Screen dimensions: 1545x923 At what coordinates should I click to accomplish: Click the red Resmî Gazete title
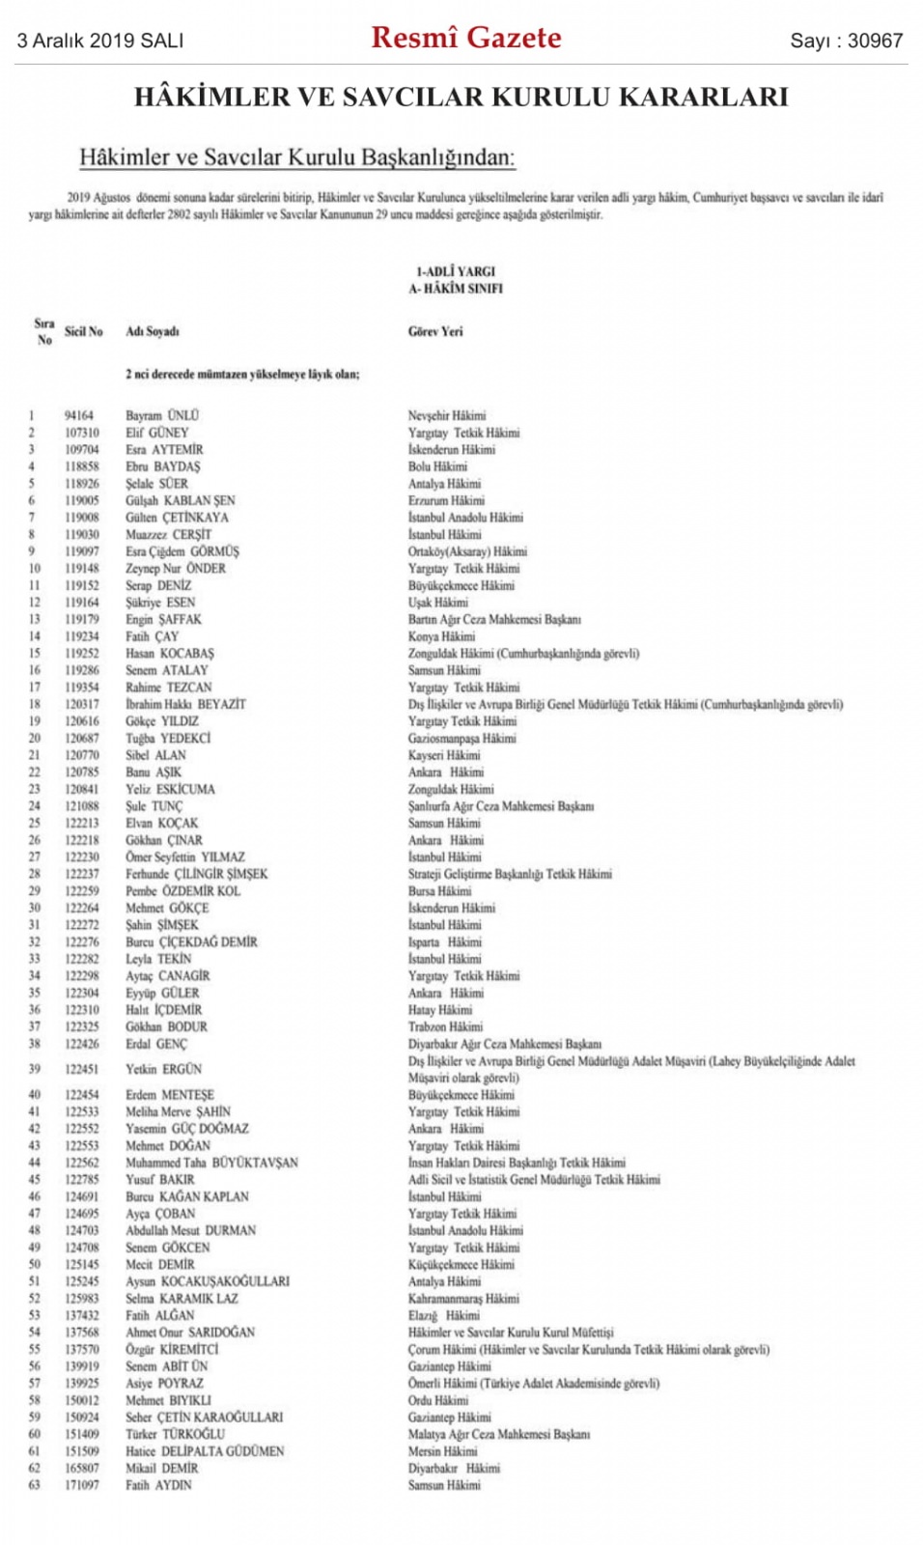click(466, 38)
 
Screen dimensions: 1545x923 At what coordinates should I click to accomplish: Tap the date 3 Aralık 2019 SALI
click(100, 41)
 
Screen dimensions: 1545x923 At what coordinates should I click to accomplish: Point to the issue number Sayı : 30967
click(846, 41)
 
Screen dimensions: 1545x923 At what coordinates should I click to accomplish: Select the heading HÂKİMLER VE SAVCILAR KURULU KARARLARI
click(461, 97)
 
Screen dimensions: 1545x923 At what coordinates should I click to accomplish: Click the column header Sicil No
click(84, 331)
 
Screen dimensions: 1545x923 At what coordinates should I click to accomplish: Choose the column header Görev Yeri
click(435, 331)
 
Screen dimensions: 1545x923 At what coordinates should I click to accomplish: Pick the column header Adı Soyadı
click(153, 331)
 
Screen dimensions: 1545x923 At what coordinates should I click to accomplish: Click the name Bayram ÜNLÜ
click(162, 415)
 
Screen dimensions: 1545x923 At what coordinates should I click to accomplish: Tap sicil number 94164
click(79, 415)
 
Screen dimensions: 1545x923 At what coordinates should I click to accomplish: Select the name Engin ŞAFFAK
click(163, 619)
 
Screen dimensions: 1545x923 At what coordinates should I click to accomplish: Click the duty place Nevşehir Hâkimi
click(447, 415)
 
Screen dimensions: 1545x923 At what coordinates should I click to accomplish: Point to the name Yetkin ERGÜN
click(163, 1069)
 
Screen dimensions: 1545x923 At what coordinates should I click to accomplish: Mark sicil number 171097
click(82, 1485)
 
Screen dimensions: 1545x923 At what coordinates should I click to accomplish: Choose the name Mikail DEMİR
click(161, 1468)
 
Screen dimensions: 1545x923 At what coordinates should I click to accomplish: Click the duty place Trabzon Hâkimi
click(445, 1026)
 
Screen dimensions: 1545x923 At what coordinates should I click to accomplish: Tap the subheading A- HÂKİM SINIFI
click(456, 288)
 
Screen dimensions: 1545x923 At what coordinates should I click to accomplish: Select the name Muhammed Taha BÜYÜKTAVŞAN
click(211, 1163)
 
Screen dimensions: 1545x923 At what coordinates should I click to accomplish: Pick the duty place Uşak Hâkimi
click(437, 602)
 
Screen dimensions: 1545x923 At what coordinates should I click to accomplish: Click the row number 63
click(35, 1485)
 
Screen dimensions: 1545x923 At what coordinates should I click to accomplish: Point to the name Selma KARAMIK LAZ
click(182, 1299)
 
